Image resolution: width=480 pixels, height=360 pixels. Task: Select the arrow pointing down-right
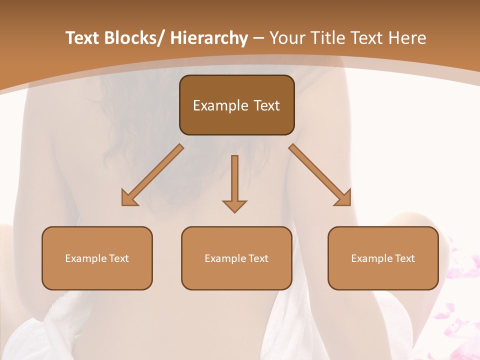pyautogui.click(x=320, y=175)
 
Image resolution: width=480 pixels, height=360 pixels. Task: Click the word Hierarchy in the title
pyautogui.click(x=209, y=38)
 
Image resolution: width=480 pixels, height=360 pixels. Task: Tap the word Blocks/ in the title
pyautogui.click(x=133, y=38)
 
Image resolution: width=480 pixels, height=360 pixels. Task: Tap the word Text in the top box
pyautogui.click(x=266, y=105)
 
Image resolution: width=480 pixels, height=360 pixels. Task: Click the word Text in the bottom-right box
pyautogui.click(x=404, y=258)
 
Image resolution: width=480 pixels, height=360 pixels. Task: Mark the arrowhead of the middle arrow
pyautogui.click(x=234, y=206)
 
